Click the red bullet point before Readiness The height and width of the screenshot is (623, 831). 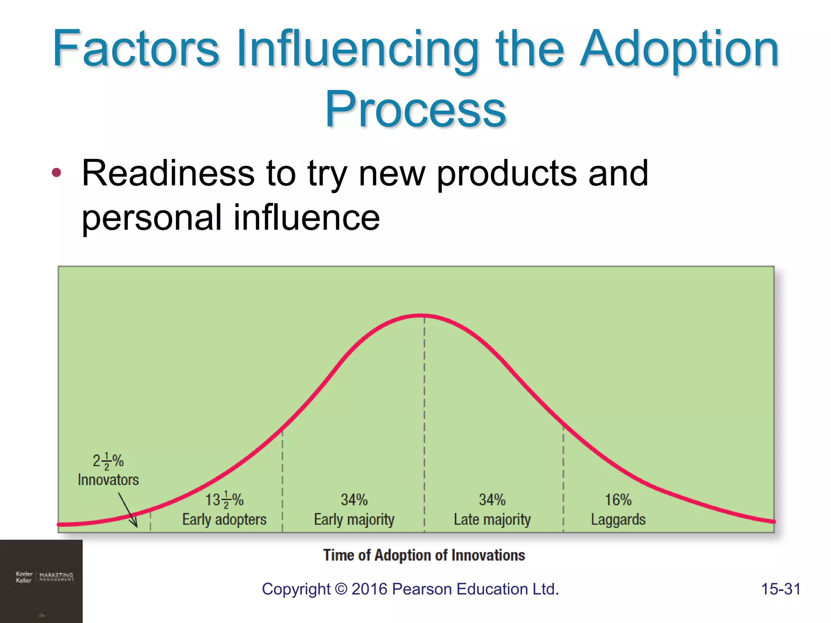pyautogui.click(x=56, y=173)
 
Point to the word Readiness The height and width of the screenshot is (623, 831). pyautogui.click(x=168, y=173)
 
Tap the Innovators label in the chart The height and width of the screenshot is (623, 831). pyautogui.click(x=108, y=480)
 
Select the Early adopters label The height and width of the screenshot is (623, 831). pyautogui.click(x=224, y=520)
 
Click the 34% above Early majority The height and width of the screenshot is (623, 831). pyautogui.click(x=354, y=500)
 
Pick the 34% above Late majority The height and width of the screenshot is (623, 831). pyautogui.click(x=492, y=500)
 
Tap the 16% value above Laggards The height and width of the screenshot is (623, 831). pyautogui.click(x=618, y=500)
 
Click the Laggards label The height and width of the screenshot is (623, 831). pyautogui.click(x=618, y=520)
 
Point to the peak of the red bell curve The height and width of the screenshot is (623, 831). pyautogui.click(x=422, y=315)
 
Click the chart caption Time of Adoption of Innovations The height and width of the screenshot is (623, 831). pyautogui.click(x=424, y=555)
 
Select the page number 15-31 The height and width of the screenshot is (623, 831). pyautogui.click(x=781, y=589)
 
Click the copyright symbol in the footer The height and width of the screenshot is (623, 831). pyautogui.click(x=341, y=589)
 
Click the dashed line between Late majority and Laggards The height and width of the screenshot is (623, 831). pyautogui.click(x=563, y=479)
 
